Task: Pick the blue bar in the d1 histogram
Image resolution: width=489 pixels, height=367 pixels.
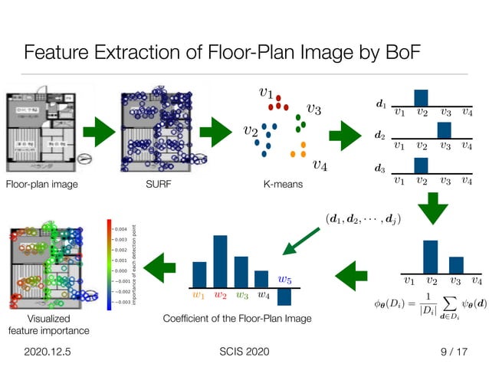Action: coord(421,97)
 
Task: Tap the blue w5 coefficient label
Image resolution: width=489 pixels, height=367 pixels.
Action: coord(284,280)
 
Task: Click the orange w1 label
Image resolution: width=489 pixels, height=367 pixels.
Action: coord(199,294)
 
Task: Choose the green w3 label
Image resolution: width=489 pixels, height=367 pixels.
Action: coord(242,294)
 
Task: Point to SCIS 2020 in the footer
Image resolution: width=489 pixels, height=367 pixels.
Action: coord(244,351)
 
